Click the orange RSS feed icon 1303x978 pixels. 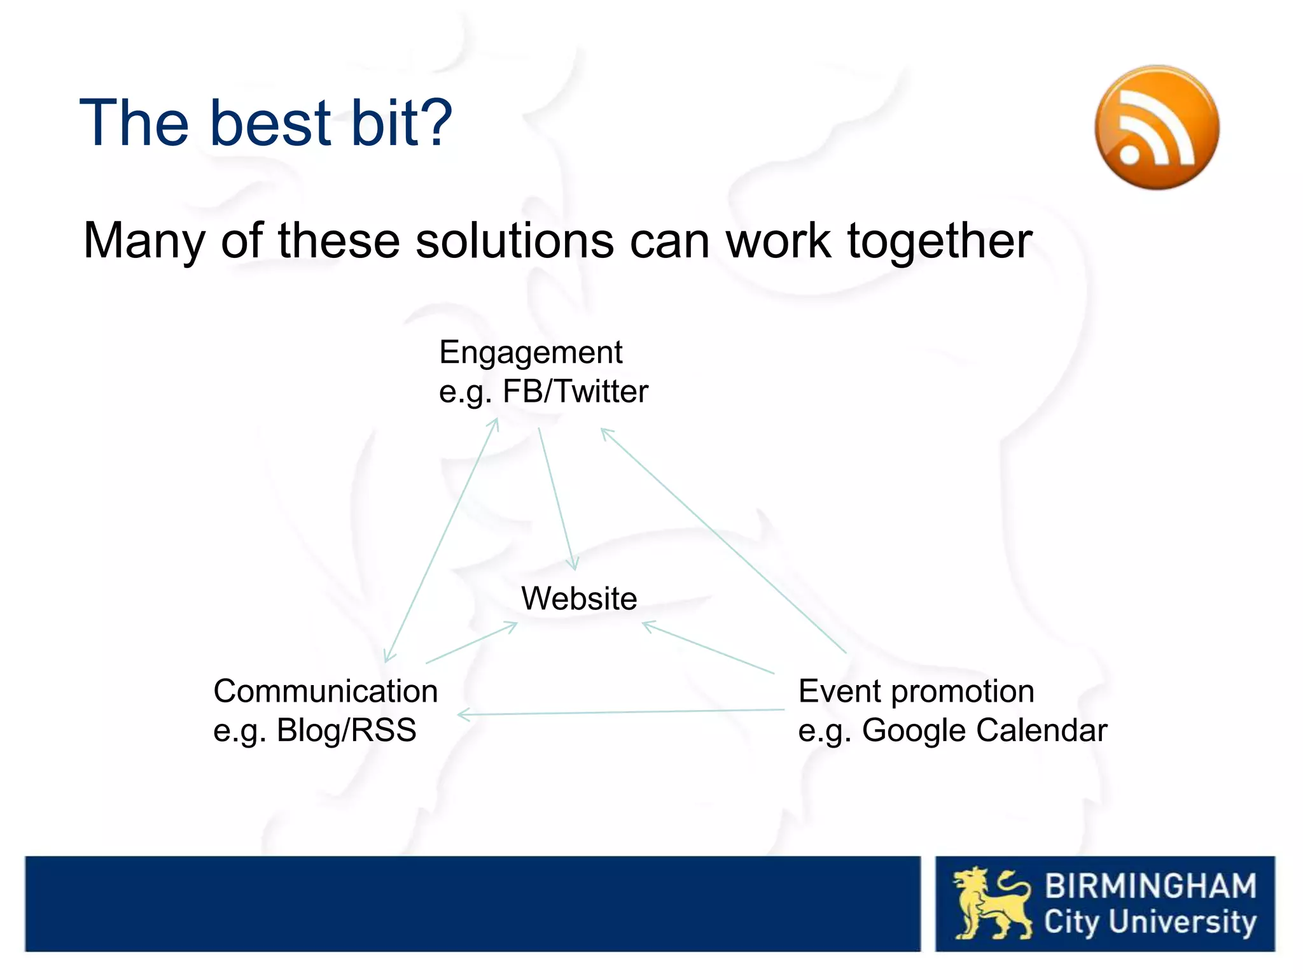[x=1157, y=127]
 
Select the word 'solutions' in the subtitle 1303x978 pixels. [x=514, y=241]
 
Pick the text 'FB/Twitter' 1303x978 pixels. [x=575, y=391]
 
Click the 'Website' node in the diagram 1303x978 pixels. [x=579, y=599]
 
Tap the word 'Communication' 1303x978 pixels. [x=325, y=691]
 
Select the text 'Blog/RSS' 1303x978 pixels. [x=346, y=730]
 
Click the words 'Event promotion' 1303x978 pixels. [x=916, y=691]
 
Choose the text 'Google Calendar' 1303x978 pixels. [x=984, y=730]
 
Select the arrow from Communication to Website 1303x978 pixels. [x=471, y=643]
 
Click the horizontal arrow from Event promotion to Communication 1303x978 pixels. [x=620, y=712]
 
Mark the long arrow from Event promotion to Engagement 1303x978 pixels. [x=723, y=541]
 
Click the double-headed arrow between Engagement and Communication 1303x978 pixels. [x=441, y=540]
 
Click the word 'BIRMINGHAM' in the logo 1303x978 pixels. [x=1150, y=886]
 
